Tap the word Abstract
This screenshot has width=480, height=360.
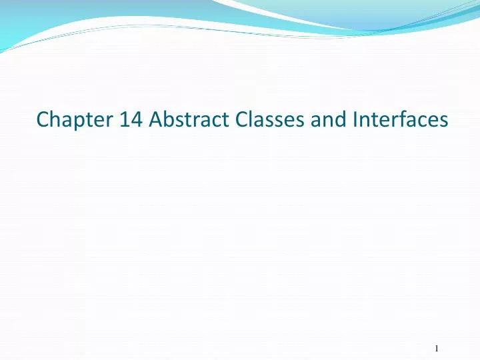pyautogui.click(x=182, y=120)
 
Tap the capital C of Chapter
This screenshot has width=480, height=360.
pyautogui.click(x=43, y=120)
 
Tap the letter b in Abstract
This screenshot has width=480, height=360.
pyautogui.click(x=169, y=120)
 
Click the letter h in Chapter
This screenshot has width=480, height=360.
pyautogui.click(x=55, y=120)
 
